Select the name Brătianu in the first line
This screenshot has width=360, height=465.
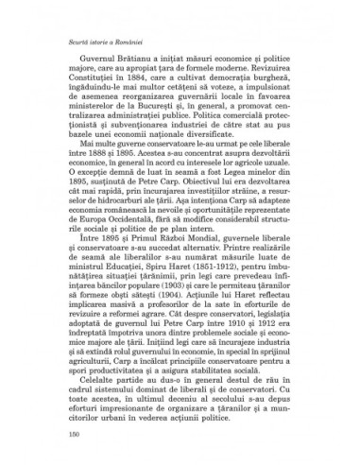click(x=122, y=63)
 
